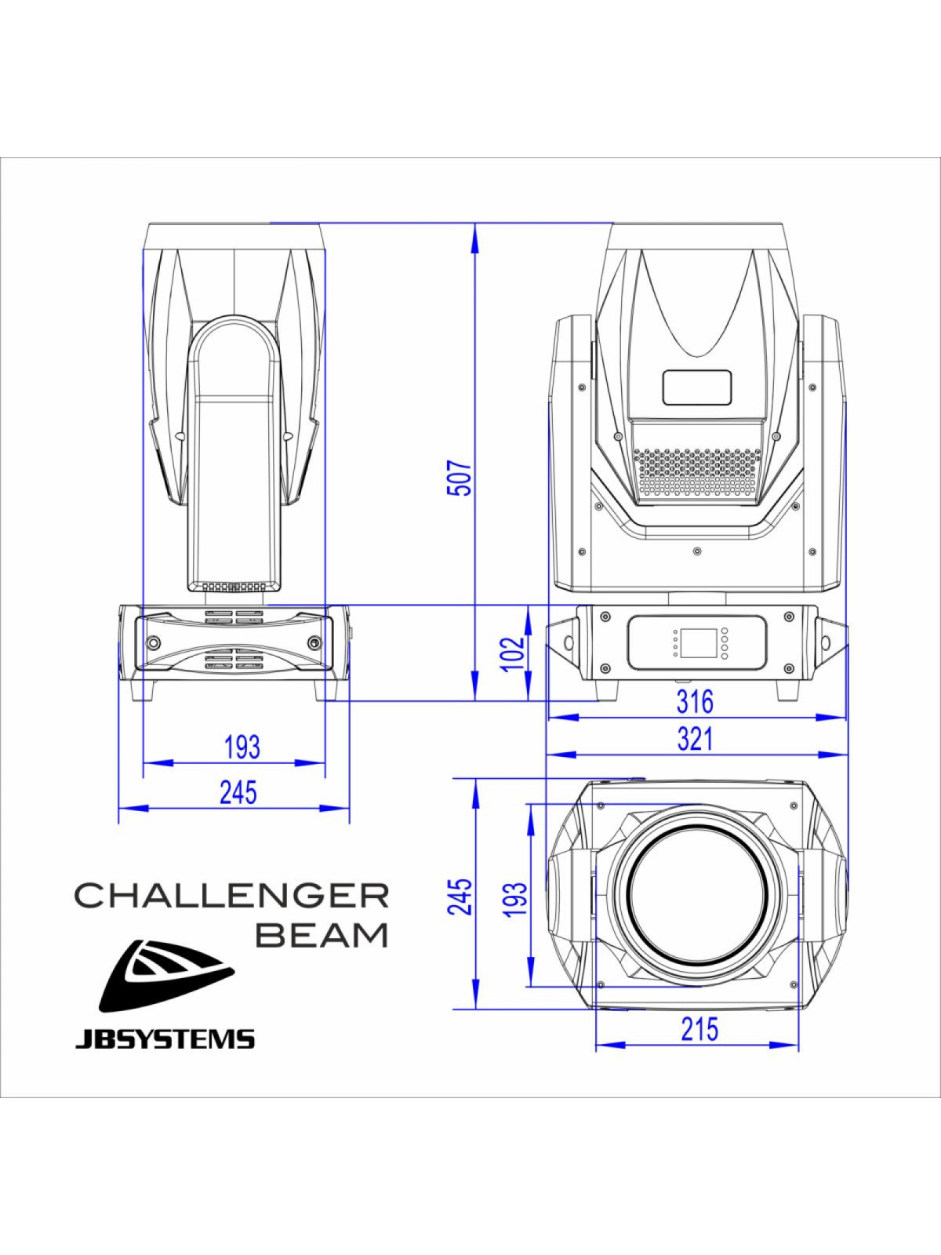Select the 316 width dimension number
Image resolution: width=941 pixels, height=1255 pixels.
tap(696, 702)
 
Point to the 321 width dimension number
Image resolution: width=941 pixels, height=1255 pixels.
tap(696, 740)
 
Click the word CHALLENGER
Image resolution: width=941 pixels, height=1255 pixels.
tap(232, 896)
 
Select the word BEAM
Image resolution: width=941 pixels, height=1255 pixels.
tap(324, 935)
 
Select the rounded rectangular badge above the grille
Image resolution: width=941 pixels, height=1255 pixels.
tap(697, 387)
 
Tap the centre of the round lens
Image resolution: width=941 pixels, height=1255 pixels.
tap(697, 895)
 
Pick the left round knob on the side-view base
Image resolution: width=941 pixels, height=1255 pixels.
tap(153, 642)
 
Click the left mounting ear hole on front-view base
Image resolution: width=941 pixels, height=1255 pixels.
tap(569, 642)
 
